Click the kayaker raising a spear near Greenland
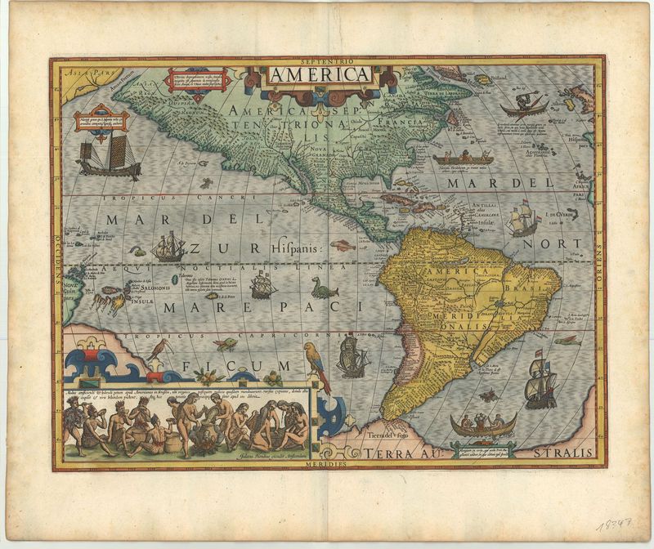[522, 105]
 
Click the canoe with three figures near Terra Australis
[482, 424]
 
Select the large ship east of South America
[540, 382]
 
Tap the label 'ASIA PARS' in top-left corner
[83, 73]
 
